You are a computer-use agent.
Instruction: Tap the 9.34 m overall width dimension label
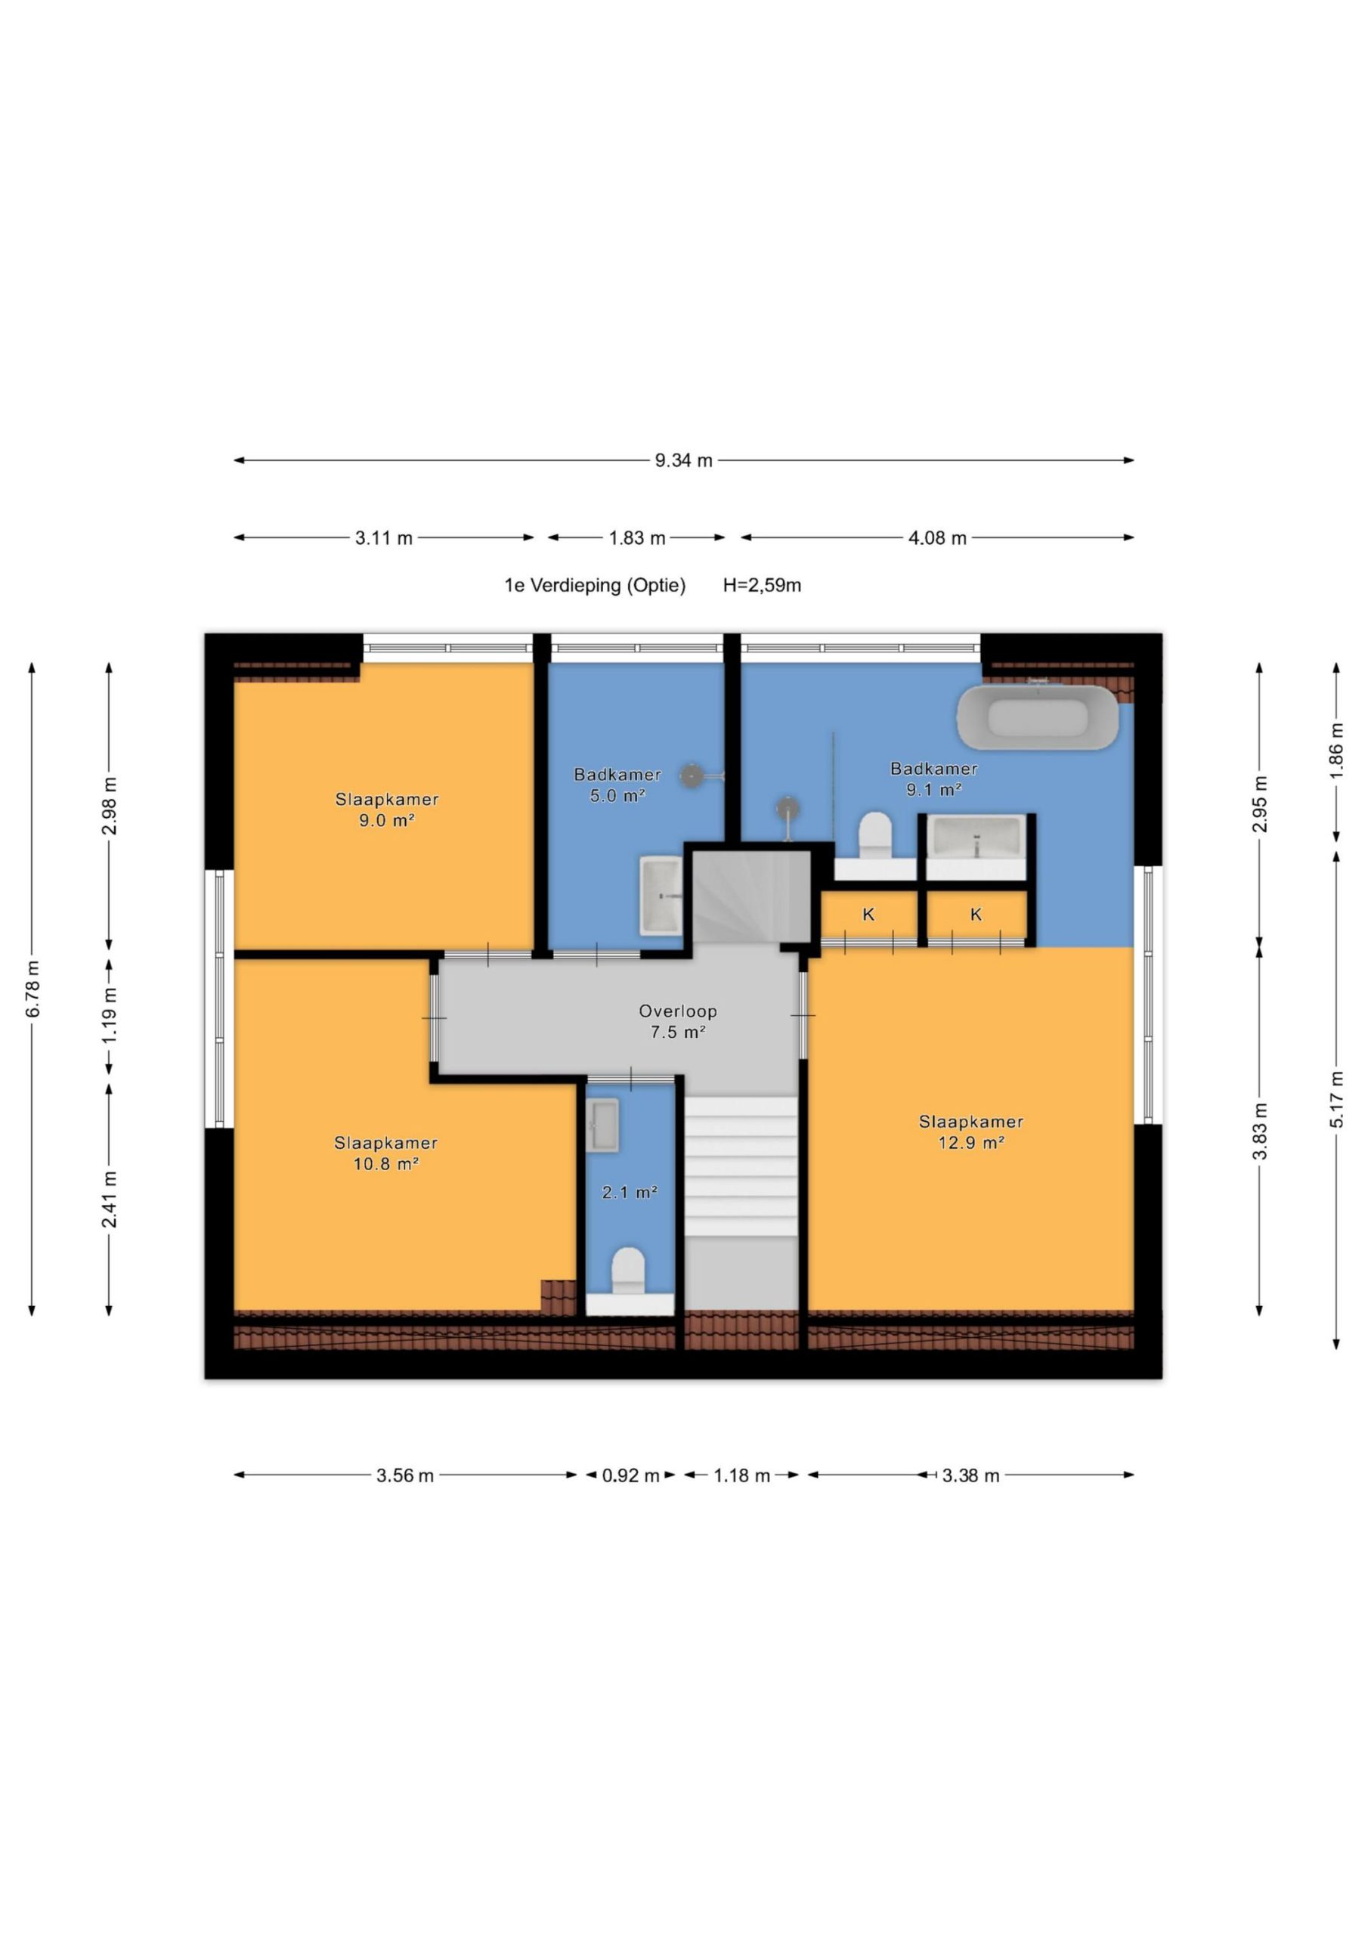(683, 460)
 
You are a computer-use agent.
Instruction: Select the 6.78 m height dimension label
(32, 989)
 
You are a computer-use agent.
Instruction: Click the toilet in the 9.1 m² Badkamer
(875, 835)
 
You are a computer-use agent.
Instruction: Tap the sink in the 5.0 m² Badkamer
(661, 896)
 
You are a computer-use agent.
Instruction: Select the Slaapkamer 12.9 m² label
(971, 1132)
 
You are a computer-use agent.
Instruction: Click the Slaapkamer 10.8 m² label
(386, 1153)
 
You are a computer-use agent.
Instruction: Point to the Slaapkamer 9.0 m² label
(387, 809)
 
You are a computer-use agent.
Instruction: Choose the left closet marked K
(869, 915)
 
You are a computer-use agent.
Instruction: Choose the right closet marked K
(976, 915)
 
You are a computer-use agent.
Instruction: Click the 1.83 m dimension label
(637, 537)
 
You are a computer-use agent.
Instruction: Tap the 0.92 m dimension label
(630, 1475)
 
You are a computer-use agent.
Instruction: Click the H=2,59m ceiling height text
(762, 585)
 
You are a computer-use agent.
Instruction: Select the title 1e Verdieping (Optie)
(595, 585)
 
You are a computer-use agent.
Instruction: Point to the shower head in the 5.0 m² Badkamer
(692, 776)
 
